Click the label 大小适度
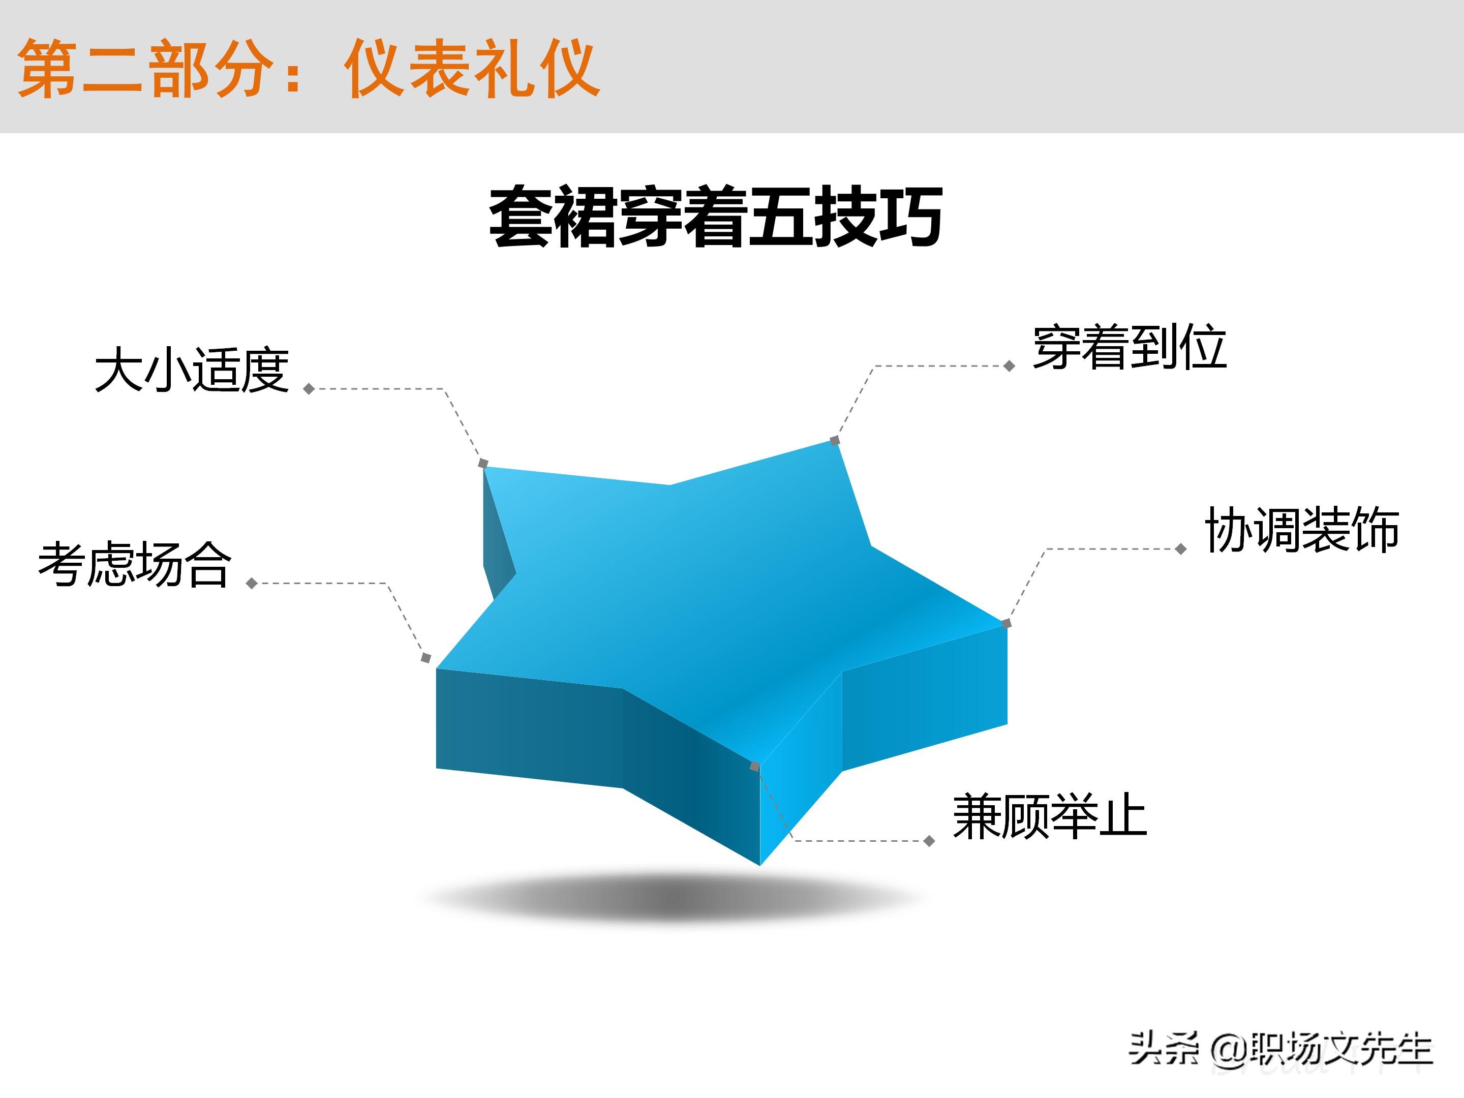(192, 370)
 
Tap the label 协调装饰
(1301, 530)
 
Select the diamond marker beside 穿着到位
(1010, 366)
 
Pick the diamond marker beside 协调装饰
(1181, 548)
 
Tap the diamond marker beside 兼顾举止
(929, 841)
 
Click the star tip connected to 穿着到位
(835, 440)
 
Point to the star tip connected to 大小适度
(483, 463)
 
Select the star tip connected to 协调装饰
(1006, 623)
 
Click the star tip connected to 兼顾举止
(754, 767)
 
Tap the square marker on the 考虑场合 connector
(425, 658)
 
